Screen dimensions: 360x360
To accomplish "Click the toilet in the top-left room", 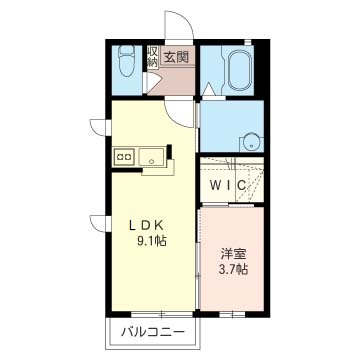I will point(123,67).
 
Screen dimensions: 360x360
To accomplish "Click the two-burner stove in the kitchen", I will point(124,156).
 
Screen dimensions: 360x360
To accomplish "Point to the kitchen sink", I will point(153,156).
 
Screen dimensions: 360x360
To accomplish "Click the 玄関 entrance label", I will point(177,57).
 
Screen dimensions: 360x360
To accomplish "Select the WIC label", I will point(229,185).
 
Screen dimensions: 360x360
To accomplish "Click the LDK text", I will point(145,224).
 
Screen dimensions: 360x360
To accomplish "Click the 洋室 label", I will point(234,252).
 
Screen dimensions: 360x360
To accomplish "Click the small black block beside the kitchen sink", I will point(171,153).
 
